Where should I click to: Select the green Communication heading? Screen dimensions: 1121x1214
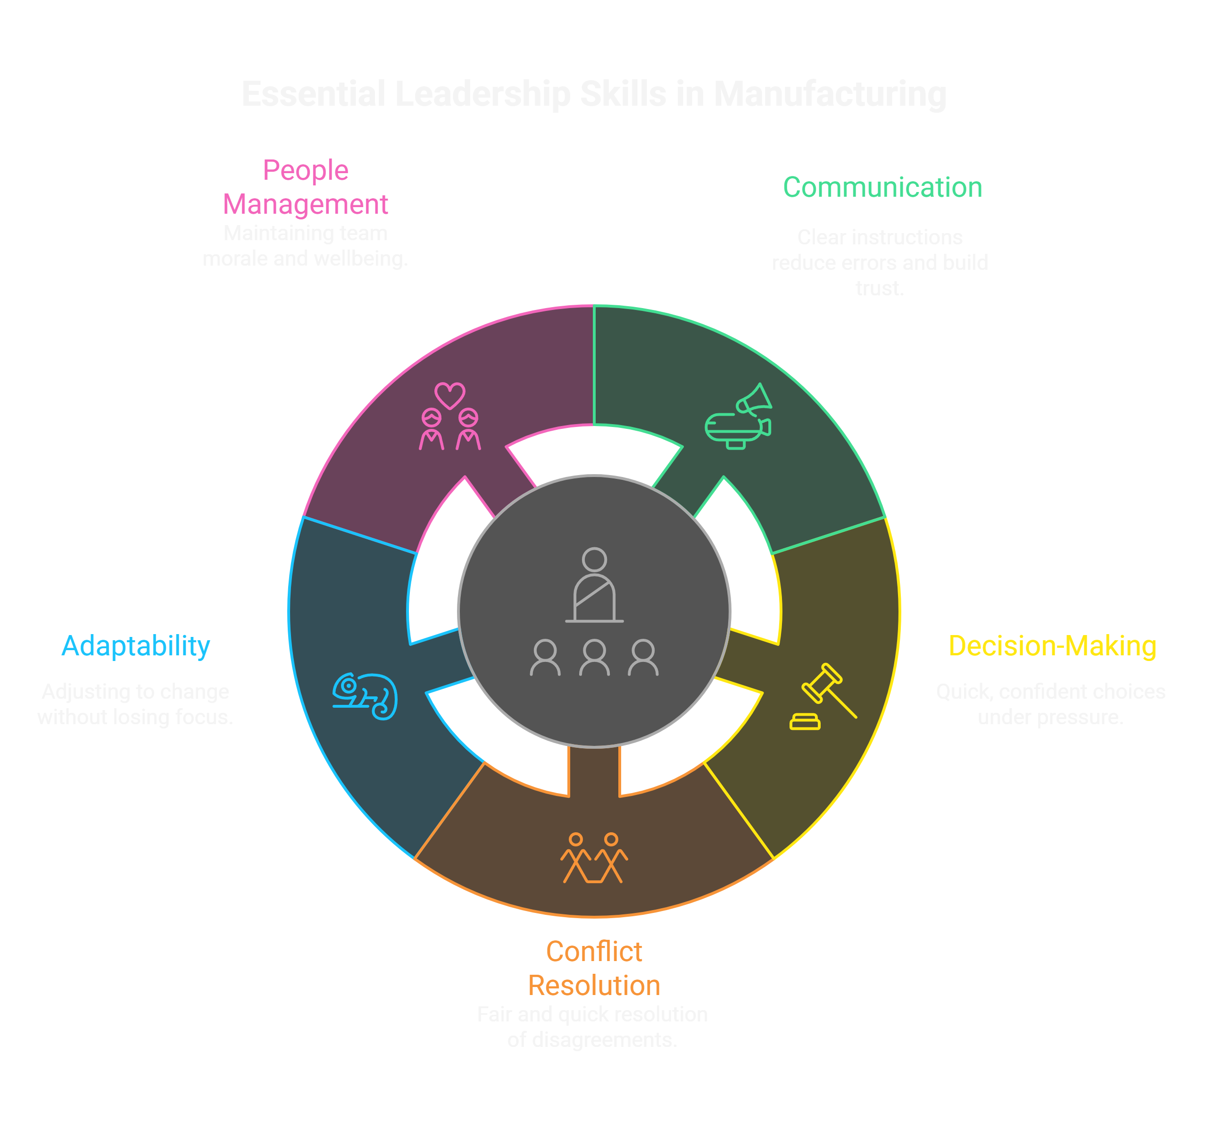pyautogui.click(x=882, y=187)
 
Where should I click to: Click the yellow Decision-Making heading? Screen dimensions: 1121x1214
pyautogui.click(x=1052, y=645)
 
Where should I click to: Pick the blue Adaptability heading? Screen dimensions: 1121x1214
pyautogui.click(x=136, y=645)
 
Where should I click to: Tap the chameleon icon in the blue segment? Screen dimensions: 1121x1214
pyautogui.click(x=365, y=696)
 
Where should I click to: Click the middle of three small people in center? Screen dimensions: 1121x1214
pyautogui.click(x=594, y=658)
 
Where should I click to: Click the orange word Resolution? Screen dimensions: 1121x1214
pyautogui.click(x=594, y=986)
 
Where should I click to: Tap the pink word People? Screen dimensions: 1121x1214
pyautogui.click(x=306, y=170)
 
